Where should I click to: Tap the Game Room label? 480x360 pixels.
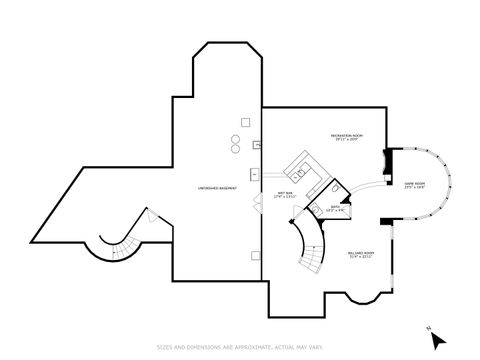point(414,185)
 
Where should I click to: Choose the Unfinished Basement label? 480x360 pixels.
point(215,189)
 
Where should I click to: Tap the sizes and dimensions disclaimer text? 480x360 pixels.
point(239,347)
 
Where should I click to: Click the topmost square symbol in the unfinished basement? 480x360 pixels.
point(243,123)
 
